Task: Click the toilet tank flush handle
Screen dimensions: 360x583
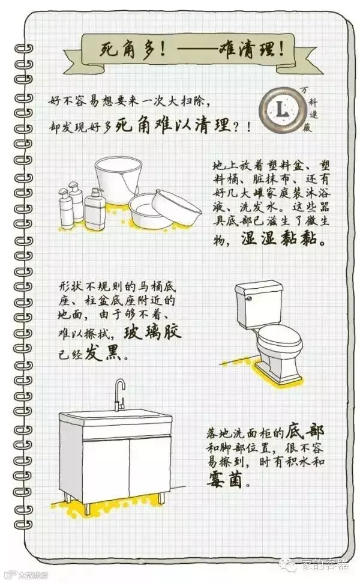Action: pyautogui.click(x=248, y=298)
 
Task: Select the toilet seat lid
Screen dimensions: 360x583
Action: pyautogui.click(x=280, y=339)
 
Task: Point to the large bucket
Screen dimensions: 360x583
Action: pyautogui.click(x=119, y=179)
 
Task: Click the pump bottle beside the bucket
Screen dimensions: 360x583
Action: pyautogui.click(x=95, y=209)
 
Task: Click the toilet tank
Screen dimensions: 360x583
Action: pyautogui.click(x=259, y=304)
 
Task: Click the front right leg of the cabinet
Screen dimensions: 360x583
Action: pyautogui.click(x=162, y=498)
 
